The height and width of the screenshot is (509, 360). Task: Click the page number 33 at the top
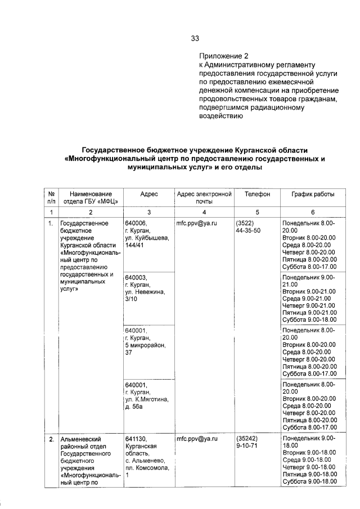tap(195, 38)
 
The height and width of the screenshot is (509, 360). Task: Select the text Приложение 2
tap(223, 56)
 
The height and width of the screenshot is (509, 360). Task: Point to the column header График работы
tap(313, 194)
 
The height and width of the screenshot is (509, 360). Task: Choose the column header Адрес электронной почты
tap(204, 197)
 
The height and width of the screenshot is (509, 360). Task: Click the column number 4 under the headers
tap(204, 212)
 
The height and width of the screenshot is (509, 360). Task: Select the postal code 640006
tap(136, 223)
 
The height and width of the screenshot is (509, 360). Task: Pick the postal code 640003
tap(136, 278)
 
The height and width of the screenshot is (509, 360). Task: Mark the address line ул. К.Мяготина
tap(147, 399)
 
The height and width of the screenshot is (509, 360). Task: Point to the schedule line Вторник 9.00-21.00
tap(309, 291)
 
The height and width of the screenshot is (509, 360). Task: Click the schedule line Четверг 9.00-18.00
tap(309, 467)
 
